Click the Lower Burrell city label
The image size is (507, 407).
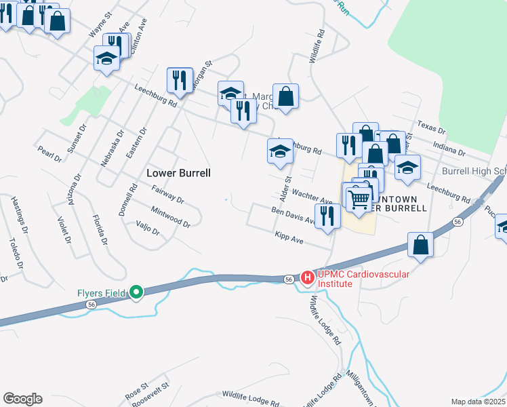tap(178, 173)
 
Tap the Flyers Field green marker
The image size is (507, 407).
tap(136, 292)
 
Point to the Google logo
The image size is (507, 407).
tap(22, 399)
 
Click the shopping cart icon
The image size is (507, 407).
tap(358, 199)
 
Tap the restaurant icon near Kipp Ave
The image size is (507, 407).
tap(327, 217)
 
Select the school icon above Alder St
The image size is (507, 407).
tap(279, 152)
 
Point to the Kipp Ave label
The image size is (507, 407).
tap(293, 239)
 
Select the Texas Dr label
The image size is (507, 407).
tap(431, 128)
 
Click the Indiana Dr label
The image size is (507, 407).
tap(449, 149)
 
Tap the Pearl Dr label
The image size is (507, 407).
tap(49, 154)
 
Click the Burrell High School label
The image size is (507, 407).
tap(474, 172)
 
